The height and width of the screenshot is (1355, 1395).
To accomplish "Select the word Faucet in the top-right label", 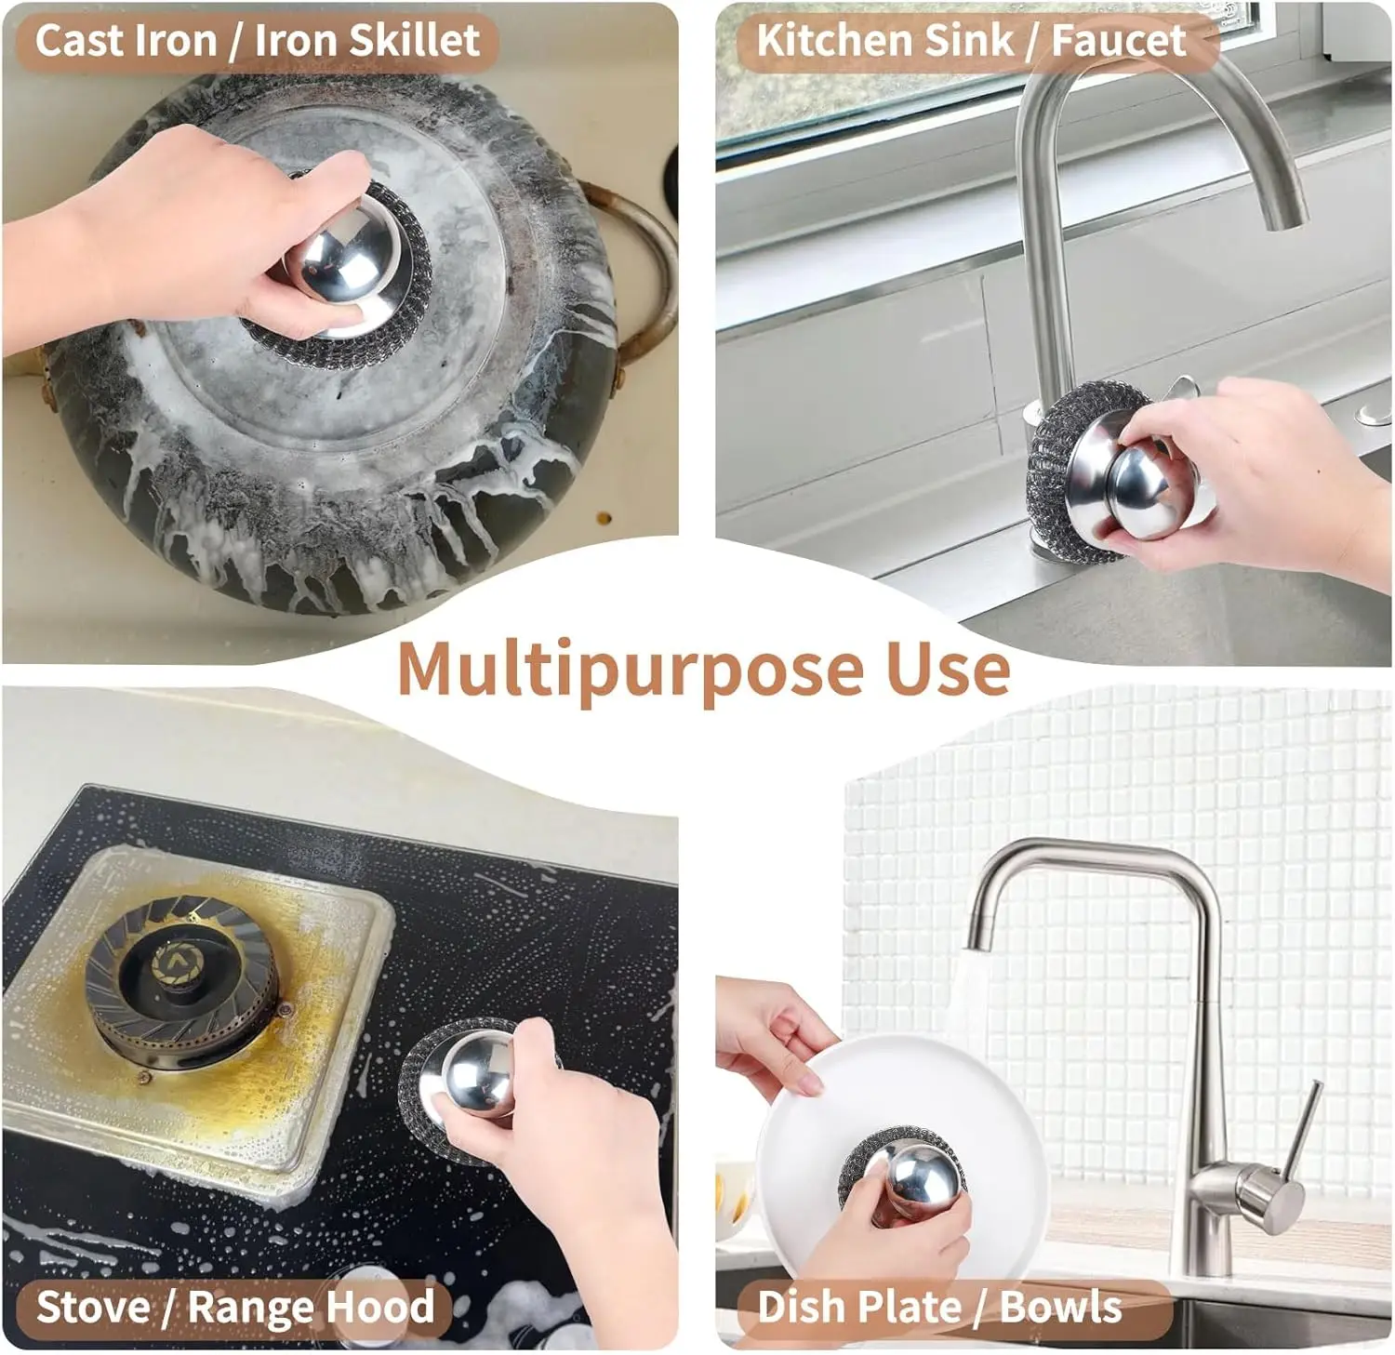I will tap(1118, 41).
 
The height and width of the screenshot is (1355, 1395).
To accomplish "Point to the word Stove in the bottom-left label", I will tap(92, 1307).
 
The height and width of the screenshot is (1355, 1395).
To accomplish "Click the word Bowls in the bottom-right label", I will tap(1060, 1307).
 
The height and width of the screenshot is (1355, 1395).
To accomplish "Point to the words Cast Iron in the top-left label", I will tap(125, 41).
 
